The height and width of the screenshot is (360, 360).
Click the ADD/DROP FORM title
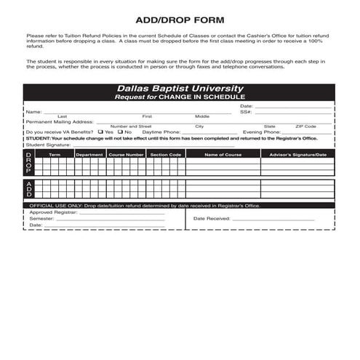click(180, 20)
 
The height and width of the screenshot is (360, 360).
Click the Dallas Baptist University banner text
click(180, 89)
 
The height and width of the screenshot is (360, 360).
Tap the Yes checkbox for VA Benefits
click(100, 132)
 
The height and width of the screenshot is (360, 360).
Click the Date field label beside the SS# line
click(246, 106)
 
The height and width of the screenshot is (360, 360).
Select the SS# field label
click(245, 112)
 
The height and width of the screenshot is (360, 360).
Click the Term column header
click(55, 154)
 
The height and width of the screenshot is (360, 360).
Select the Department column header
click(89, 154)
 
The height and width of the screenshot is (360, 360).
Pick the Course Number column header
click(126, 154)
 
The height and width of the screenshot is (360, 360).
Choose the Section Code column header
click(165, 154)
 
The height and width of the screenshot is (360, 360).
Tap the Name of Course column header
click(223, 154)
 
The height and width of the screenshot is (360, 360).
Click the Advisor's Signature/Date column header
click(297, 154)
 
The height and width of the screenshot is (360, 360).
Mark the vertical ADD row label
click(28, 188)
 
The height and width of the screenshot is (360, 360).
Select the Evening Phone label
click(262, 132)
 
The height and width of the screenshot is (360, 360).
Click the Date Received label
click(212, 218)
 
